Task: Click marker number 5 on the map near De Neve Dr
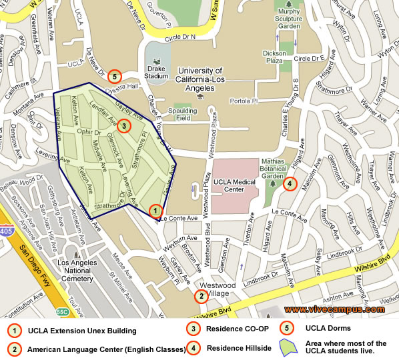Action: (115, 77)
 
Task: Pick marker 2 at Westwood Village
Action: (200, 296)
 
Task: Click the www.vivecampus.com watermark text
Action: (334, 309)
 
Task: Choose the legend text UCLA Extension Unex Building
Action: (81, 331)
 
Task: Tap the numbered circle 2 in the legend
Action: (13, 349)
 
